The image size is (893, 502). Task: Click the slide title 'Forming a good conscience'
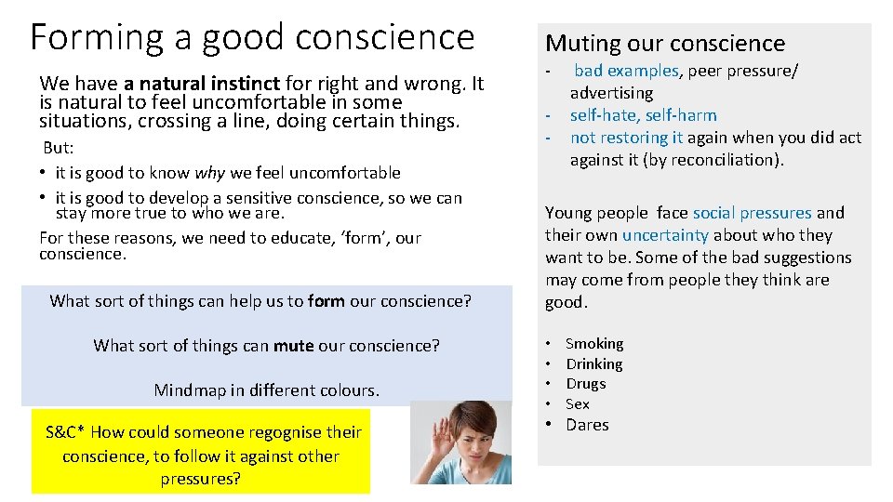tap(252, 37)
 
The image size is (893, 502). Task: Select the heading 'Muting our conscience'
tap(664, 43)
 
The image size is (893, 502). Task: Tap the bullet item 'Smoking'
tap(594, 344)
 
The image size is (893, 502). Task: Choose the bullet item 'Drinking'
tap(594, 364)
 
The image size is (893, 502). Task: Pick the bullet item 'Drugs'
tap(585, 384)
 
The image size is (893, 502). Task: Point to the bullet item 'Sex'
tap(577, 404)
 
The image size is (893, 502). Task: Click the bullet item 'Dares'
tap(587, 425)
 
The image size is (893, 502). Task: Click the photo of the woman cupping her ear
tap(460, 443)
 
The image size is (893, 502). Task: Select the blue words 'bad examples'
tap(626, 71)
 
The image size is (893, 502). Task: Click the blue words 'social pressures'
tap(752, 213)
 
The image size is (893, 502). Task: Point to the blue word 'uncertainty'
tap(665, 235)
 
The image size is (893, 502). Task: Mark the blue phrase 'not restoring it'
tap(626, 138)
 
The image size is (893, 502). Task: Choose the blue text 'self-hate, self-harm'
tap(643, 115)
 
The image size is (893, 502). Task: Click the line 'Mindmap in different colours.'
tap(266, 390)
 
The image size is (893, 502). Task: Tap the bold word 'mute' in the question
tap(293, 346)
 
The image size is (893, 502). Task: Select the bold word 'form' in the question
tap(326, 301)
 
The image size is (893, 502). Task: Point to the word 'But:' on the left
tap(60, 149)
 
